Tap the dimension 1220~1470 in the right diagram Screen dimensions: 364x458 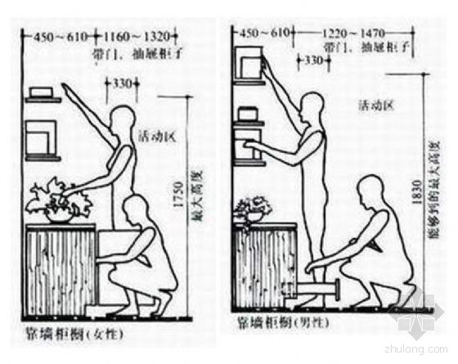[357, 35]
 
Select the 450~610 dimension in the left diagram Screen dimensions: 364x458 [59, 37]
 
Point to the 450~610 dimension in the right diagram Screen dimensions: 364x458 [261, 34]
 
